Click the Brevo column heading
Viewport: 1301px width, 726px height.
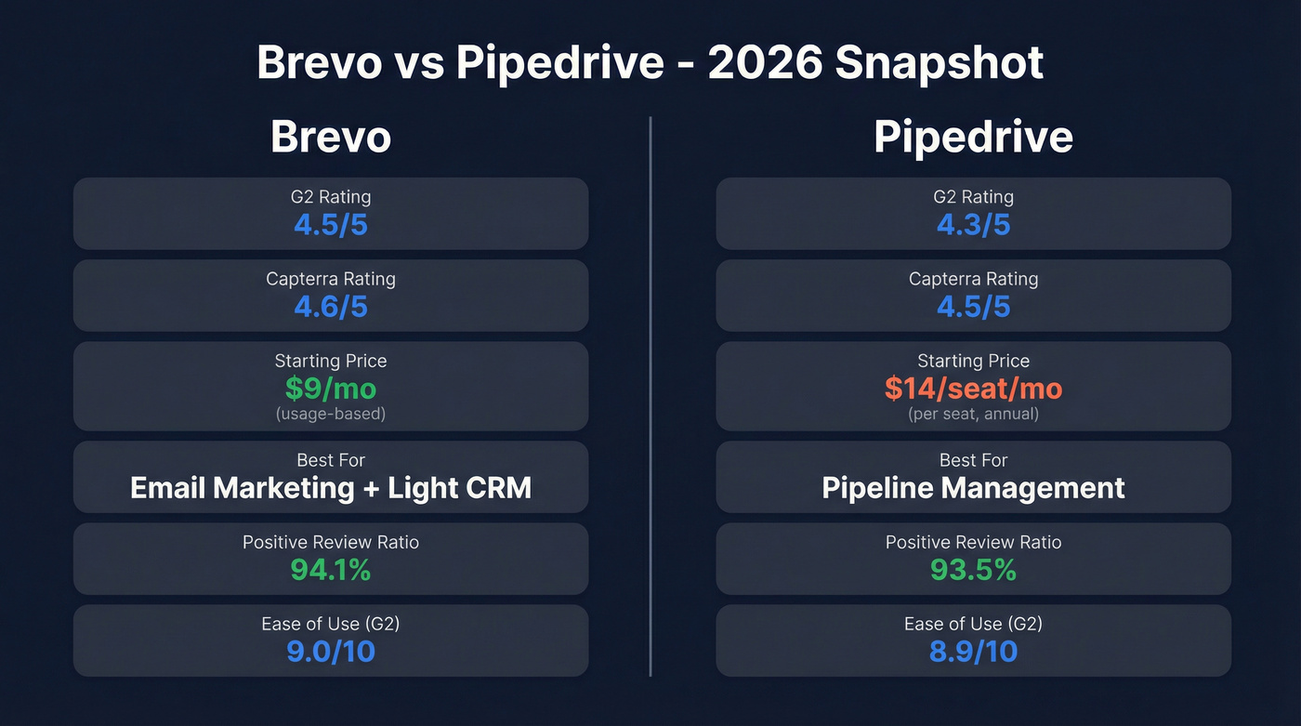[330, 138]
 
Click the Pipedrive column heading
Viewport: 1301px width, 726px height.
[973, 138]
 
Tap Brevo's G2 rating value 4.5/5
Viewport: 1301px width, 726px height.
[330, 225]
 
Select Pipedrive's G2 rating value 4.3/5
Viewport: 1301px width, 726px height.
[973, 225]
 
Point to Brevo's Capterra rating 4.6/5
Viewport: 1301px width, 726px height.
[330, 307]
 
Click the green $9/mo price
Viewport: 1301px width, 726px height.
[330, 388]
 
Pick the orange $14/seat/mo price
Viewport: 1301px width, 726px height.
[973, 388]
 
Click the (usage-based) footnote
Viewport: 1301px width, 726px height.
[330, 414]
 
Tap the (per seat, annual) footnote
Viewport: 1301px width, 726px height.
[973, 414]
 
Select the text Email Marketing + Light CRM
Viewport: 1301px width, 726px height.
[330, 488]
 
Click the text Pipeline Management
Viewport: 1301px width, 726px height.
[973, 488]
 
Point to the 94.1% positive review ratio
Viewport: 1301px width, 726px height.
[330, 570]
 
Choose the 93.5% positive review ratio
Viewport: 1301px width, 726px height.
[973, 570]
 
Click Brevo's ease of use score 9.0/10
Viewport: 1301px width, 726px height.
[330, 652]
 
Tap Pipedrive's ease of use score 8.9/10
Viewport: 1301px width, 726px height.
[973, 652]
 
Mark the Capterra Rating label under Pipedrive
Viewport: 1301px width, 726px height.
[973, 279]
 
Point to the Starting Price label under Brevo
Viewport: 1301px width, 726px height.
[330, 361]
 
